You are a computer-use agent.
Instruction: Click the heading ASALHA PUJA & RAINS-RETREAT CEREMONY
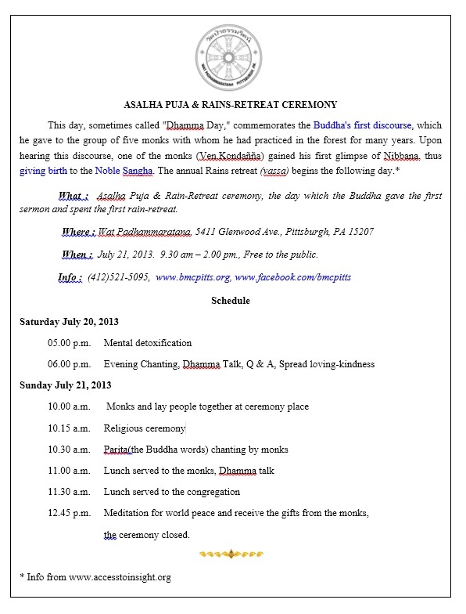click(x=231, y=105)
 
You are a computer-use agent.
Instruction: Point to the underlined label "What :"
click(x=73, y=195)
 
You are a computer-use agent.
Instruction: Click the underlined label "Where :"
click(x=78, y=232)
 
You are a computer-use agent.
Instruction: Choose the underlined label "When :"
click(x=77, y=255)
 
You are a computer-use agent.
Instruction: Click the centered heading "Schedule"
click(x=231, y=300)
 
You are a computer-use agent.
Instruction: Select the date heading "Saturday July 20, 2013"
click(x=66, y=321)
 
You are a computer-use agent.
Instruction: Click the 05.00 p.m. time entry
click(x=69, y=343)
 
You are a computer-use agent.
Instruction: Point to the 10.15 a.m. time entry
click(x=69, y=428)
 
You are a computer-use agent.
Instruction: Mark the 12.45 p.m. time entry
click(x=69, y=513)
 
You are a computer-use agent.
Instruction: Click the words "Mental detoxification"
click(x=148, y=343)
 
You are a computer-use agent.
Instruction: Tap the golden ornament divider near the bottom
click(x=231, y=554)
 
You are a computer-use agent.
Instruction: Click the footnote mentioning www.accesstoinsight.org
click(x=95, y=577)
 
